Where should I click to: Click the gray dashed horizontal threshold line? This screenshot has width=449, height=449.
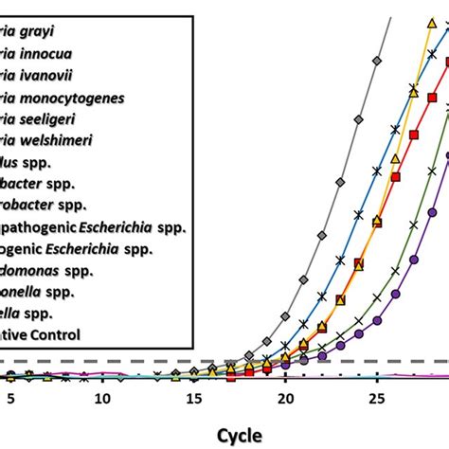coord(142,361)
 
